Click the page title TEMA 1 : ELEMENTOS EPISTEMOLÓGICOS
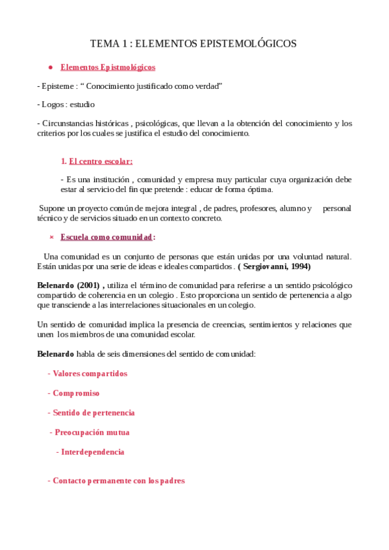194,43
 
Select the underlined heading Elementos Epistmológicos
108,67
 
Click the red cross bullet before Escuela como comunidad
51,237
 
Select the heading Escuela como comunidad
107,237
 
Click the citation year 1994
299,267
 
